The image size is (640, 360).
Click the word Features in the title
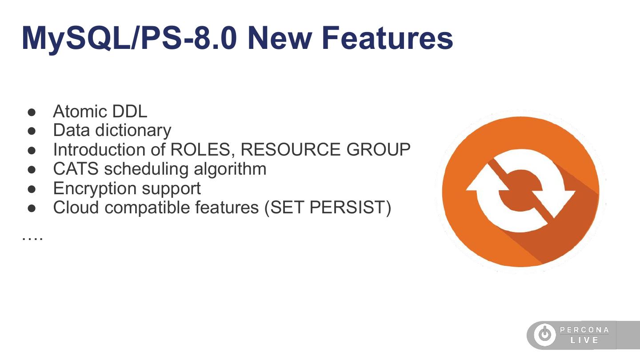[x=387, y=38]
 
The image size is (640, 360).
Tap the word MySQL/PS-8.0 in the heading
[x=129, y=39]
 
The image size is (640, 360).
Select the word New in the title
[x=280, y=38]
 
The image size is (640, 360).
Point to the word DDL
[x=130, y=111]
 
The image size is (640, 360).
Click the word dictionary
[x=133, y=131]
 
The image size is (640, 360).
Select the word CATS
[x=76, y=169]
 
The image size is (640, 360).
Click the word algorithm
[x=230, y=169]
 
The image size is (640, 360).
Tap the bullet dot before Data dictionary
[x=32, y=131]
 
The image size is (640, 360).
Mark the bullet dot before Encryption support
[x=32, y=189]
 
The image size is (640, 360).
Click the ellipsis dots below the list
[x=32, y=239]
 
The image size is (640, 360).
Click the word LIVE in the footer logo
[x=584, y=340]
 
